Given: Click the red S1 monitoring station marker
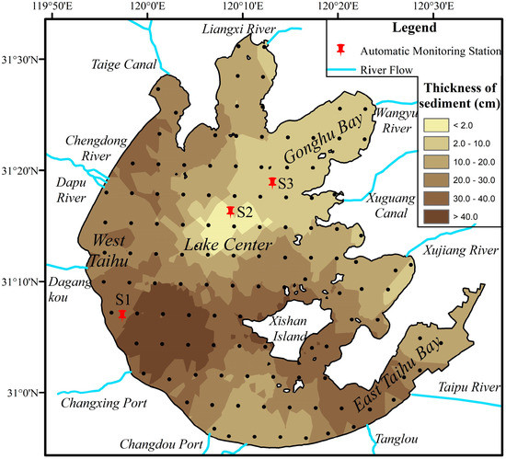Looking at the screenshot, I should (122, 313).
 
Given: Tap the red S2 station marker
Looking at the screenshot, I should (230, 211).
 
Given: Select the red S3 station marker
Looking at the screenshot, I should (272, 181).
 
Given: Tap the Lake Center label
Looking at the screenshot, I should (228, 246).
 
